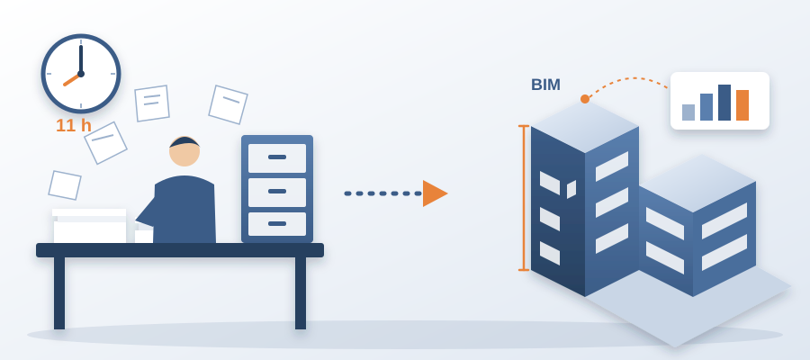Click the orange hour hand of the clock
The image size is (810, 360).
[72, 79]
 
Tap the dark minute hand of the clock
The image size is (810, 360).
[81, 59]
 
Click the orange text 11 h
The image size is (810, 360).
[74, 125]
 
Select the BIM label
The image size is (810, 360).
[545, 85]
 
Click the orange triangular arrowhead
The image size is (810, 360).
[435, 193]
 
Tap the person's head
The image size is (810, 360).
[184, 151]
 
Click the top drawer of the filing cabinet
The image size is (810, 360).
[277, 158]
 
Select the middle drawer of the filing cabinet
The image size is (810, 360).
[277, 192]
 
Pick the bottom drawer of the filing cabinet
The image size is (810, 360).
[277, 224]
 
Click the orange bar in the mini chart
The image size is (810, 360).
[742, 105]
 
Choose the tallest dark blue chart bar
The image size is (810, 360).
[724, 103]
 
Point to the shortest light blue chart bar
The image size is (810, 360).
[688, 112]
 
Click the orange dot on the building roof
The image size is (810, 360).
[585, 99]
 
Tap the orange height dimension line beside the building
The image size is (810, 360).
[524, 198]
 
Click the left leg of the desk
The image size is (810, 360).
[59, 292]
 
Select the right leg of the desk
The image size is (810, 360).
[301, 292]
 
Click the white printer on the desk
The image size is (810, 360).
[89, 226]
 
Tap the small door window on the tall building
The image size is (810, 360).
[571, 189]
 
